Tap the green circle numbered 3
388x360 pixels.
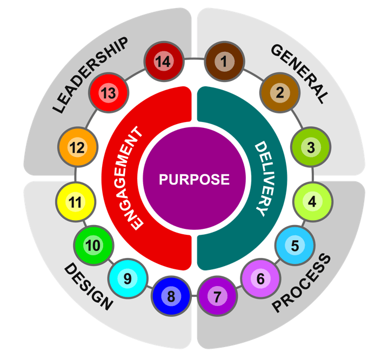tap(311, 147)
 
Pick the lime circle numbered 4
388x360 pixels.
tap(312, 202)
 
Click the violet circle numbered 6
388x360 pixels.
tap(260, 279)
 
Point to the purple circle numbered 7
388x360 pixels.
tap(217, 296)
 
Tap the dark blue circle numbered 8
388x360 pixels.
tap(171, 296)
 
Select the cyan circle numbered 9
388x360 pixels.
tap(128, 279)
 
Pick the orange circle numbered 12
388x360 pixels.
tap(77, 147)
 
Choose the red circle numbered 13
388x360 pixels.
tap(109, 93)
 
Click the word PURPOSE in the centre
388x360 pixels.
tap(194, 179)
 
